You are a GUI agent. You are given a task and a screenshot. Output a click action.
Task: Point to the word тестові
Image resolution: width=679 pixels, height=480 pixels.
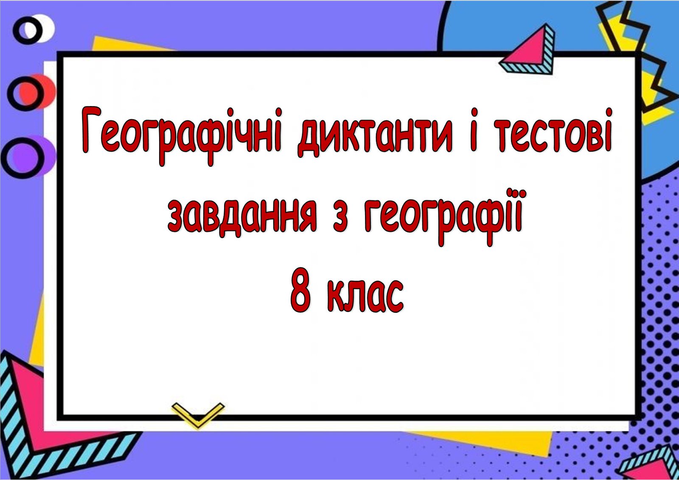tap(554, 130)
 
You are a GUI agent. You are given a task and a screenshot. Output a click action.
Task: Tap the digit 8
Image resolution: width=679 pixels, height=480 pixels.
tap(301, 290)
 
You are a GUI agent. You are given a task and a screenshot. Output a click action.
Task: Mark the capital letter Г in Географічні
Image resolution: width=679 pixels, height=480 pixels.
tap(90, 130)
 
